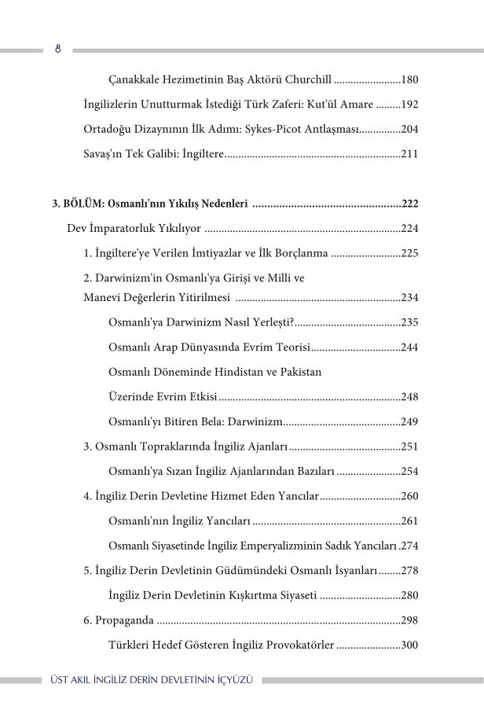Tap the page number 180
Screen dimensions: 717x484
(x=409, y=79)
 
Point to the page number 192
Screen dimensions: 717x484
(x=409, y=105)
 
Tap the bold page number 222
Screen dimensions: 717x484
(x=409, y=204)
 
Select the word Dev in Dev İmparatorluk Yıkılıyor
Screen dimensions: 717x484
(x=76, y=230)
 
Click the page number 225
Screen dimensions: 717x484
(x=409, y=254)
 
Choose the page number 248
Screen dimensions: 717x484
(x=409, y=397)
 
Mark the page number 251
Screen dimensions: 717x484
(x=409, y=447)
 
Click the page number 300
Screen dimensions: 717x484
(x=409, y=645)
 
